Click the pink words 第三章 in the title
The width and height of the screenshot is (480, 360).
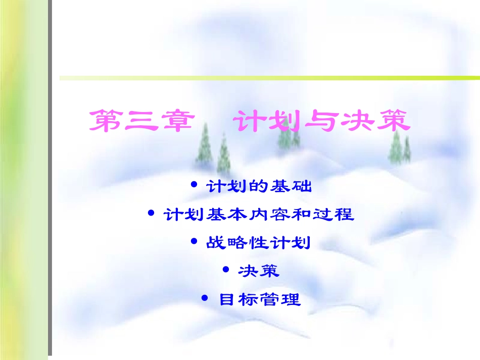pos(141,122)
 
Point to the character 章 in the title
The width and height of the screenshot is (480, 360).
pos(177,122)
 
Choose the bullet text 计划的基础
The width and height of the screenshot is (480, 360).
pos(259,187)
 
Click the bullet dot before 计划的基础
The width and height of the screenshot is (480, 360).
pos(195,185)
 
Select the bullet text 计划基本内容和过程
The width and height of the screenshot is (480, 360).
pos(259,215)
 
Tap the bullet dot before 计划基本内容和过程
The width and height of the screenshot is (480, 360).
pos(151,214)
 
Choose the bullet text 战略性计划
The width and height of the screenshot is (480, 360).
pos(258,243)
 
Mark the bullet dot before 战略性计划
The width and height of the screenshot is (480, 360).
pos(195,242)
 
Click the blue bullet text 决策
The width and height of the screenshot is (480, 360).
pos(258,271)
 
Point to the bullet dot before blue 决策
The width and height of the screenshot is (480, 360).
pos(225,270)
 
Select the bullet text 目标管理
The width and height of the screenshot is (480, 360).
pos(260,300)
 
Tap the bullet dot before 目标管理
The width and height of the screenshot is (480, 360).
pos(205,299)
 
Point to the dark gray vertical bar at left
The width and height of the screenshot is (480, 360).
pos(50,180)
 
